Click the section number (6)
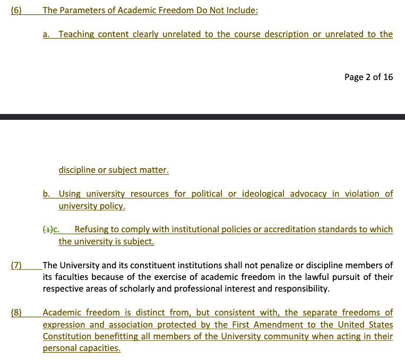coord(16,10)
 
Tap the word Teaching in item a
coord(76,34)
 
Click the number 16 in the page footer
coord(388,77)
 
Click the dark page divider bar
coord(202,116)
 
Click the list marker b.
coord(46,194)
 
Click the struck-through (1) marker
coord(48,230)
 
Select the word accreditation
coord(287,230)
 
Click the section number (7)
coord(16,265)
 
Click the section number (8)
coord(16,313)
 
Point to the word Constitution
coord(66,336)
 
